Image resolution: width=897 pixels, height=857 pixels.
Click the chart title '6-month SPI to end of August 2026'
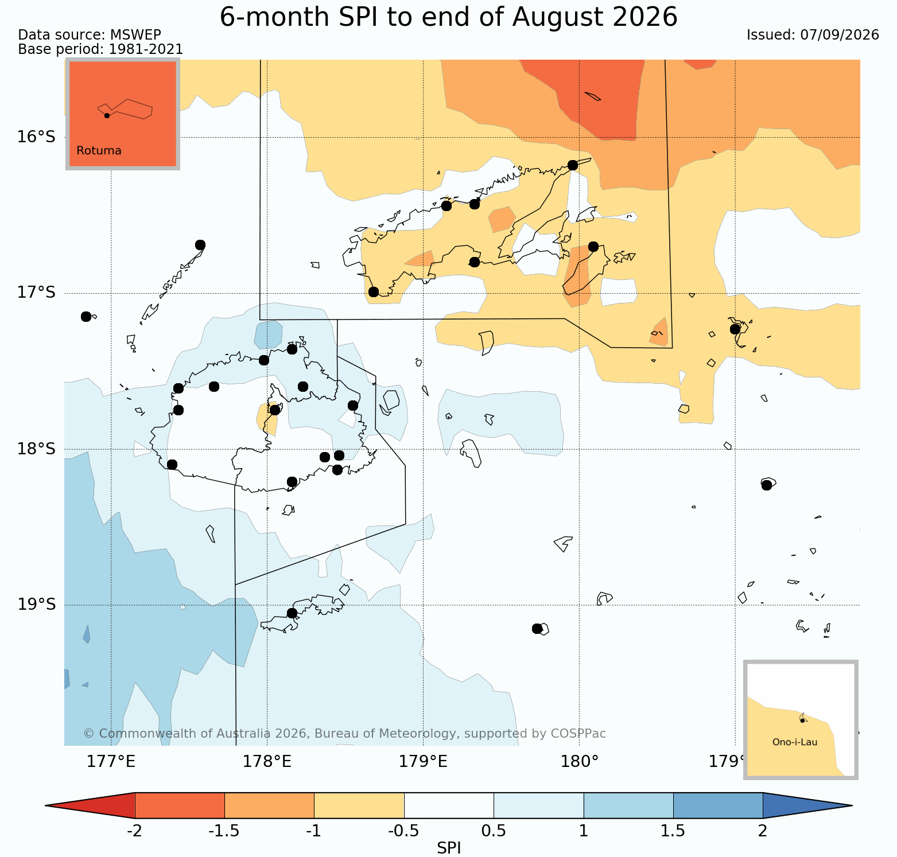[448, 17]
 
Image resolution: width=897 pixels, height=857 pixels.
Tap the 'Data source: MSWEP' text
[90, 35]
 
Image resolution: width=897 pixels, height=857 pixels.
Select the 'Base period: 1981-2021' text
[100, 49]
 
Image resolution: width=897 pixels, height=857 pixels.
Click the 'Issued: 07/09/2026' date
[813, 35]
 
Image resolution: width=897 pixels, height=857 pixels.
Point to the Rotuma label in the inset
[99, 151]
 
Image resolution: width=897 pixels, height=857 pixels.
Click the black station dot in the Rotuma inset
[107, 115]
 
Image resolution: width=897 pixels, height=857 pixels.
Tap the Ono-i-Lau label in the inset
[795, 742]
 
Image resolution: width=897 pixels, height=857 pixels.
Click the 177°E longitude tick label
[111, 762]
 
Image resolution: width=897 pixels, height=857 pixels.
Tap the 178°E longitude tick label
[267, 762]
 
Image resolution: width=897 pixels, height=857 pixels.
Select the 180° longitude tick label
[579, 762]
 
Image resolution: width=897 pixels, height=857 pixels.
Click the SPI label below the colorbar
[449, 848]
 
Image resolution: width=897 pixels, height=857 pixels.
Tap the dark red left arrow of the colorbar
[90, 805]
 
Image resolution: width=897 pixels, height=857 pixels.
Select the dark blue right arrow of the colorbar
[807, 805]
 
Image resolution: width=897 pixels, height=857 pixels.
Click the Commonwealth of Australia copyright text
[344, 734]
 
